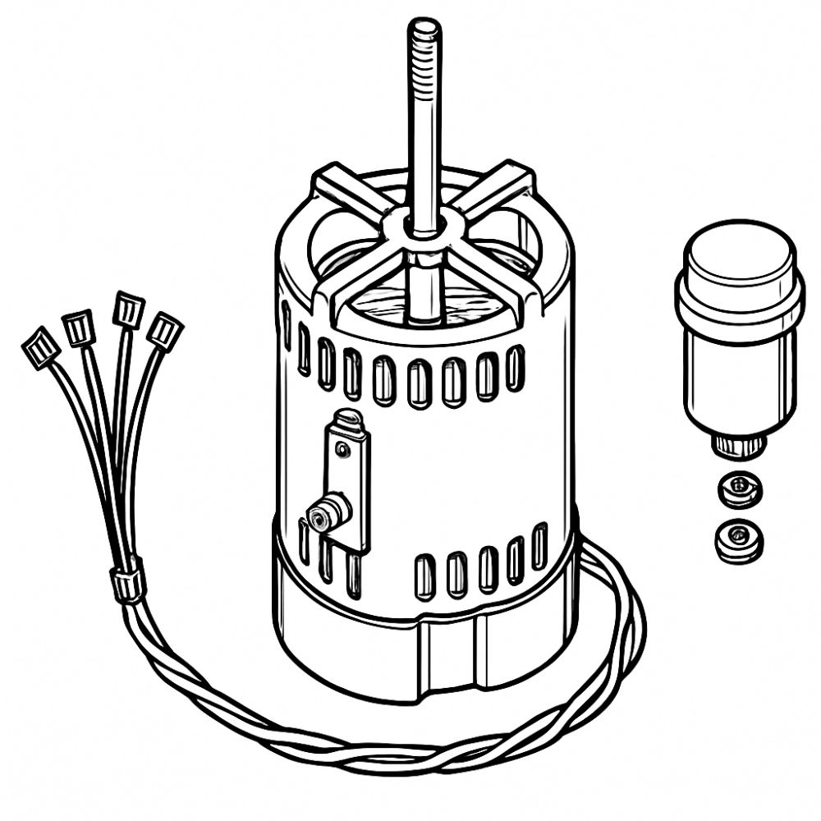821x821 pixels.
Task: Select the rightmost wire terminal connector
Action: point(165,331)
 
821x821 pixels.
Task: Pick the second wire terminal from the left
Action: point(79,328)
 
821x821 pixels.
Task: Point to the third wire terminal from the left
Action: point(128,310)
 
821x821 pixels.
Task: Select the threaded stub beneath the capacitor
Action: point(737,446)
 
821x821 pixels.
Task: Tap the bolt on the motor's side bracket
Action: point(324,515)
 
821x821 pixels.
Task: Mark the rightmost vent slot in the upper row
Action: point(515,367)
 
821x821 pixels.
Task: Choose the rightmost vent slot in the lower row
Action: point(539,545)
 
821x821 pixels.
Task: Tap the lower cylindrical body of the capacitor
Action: point(739,378)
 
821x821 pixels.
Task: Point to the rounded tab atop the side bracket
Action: point(348,419)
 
